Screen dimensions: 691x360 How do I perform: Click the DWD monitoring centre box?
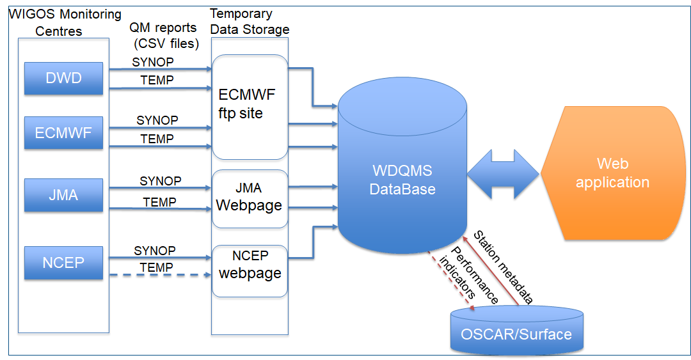tap(63, 79)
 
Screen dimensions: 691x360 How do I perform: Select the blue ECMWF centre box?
tap(63, 132)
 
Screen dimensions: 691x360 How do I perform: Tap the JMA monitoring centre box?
tap(63, 195)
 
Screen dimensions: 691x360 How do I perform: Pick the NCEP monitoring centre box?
tap(63, 263)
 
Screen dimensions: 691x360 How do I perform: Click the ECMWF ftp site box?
tap(250, 107)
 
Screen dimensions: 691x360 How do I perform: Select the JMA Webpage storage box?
tap(250, 199)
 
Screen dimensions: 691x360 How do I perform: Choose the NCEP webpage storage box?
tap(250, 271)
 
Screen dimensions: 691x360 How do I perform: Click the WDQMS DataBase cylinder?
tap(402, 166)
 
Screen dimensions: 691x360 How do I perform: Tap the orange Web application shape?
tap(612, 173)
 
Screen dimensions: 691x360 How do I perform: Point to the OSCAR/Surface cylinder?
tap(516, 330)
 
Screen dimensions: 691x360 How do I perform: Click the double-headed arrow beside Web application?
tap(503, 174)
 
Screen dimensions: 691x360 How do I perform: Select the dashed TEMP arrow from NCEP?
tap(161, 275)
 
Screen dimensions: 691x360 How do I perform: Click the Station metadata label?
tap(504, 267)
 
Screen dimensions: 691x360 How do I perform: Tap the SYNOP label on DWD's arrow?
tap(153, 62)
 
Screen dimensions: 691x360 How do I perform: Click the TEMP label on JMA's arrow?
tap(159, 202)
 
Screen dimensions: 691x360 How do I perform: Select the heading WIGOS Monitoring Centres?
tap(65, 22)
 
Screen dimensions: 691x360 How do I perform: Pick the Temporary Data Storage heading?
tap(250, 22)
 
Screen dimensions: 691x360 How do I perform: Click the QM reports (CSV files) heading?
tap(164, 35)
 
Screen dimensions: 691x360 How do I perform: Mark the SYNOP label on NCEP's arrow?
tap(155, 250)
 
